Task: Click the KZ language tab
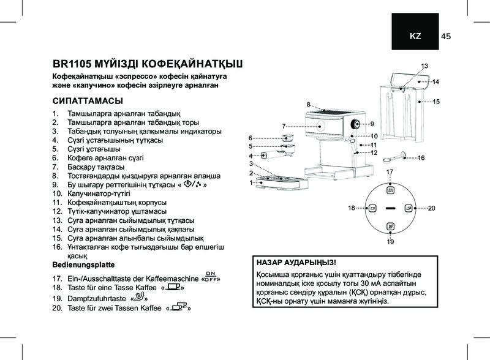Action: click(x=415, y=37)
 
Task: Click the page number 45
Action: click(x=445, y=37)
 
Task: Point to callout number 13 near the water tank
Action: click(x=424, y=66)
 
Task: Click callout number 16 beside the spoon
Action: click(x=421, y=158)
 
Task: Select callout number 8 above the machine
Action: click(x=309, y=104)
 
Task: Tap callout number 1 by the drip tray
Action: click(x=251, y=182)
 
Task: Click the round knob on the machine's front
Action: click(x=355, y=124)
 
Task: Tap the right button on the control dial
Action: click(x=408, y=208)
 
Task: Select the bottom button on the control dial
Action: click(x=390, y=225)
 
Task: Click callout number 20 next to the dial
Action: click(x=431, y=209)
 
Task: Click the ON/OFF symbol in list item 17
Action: click(x=211, y=276)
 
